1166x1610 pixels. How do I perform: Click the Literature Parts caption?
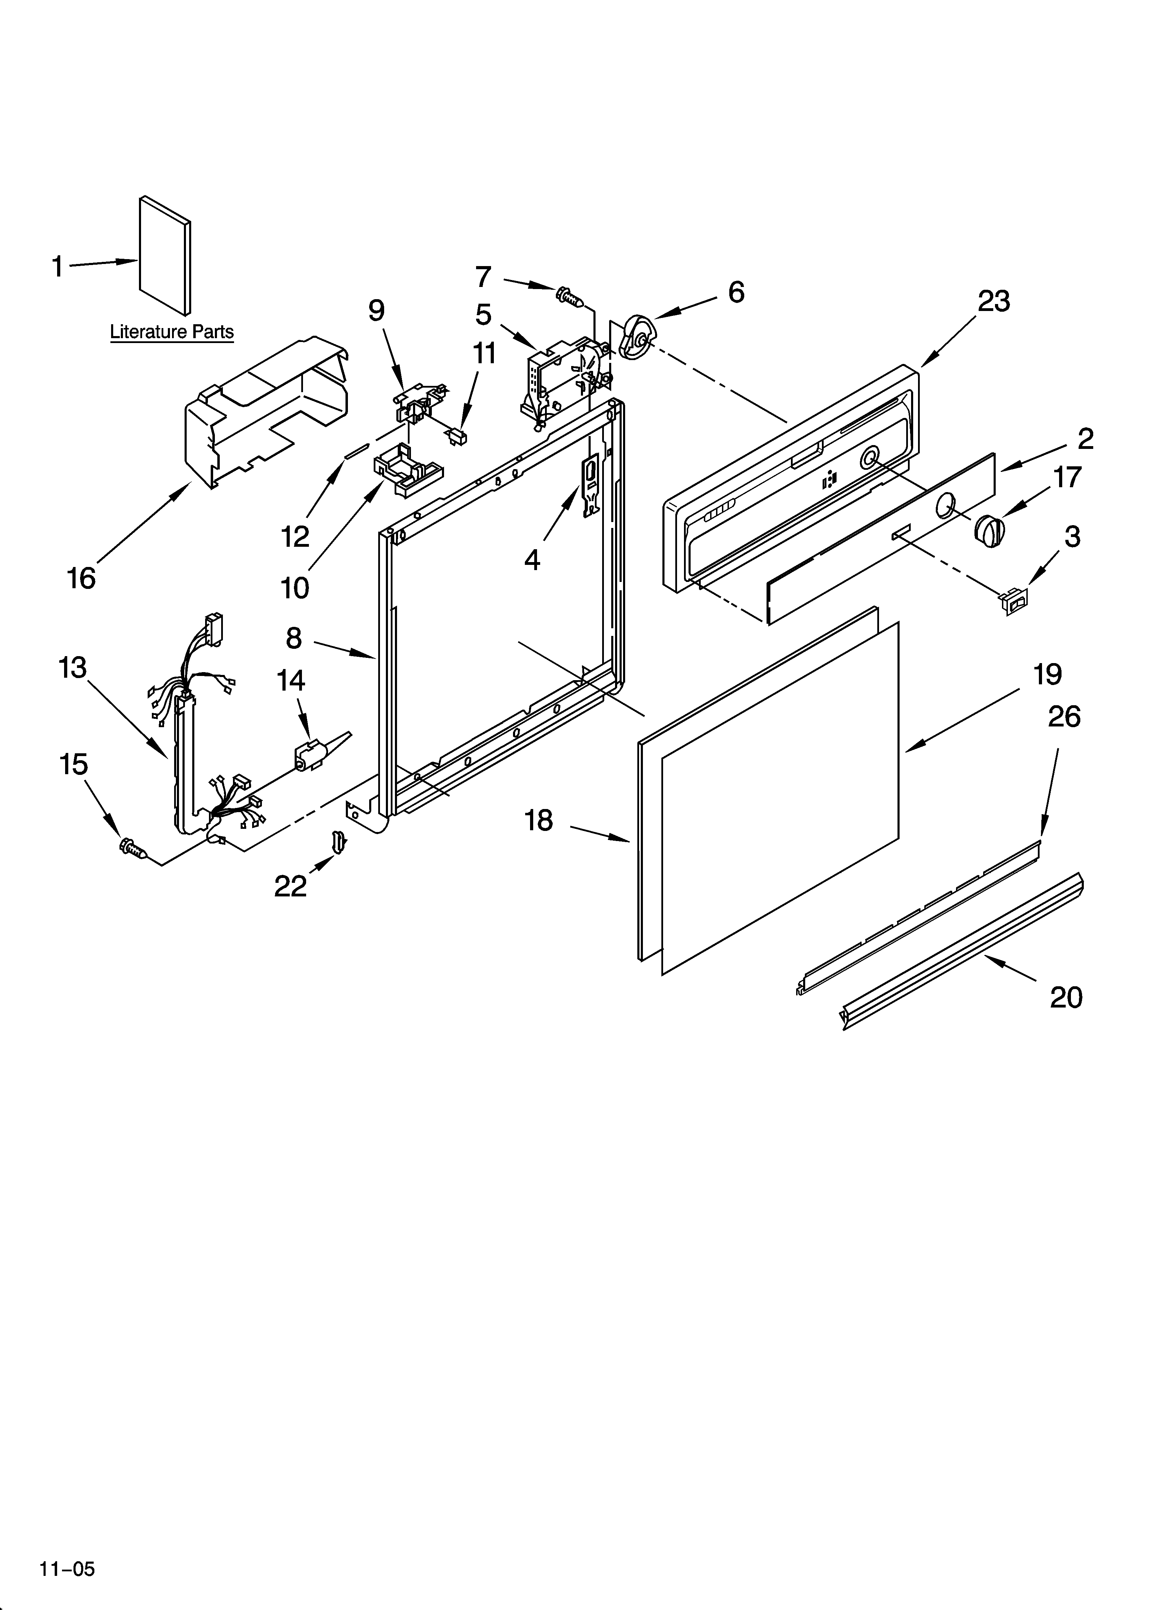172,332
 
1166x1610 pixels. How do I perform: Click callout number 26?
1064,718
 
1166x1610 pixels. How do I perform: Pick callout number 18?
538,820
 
